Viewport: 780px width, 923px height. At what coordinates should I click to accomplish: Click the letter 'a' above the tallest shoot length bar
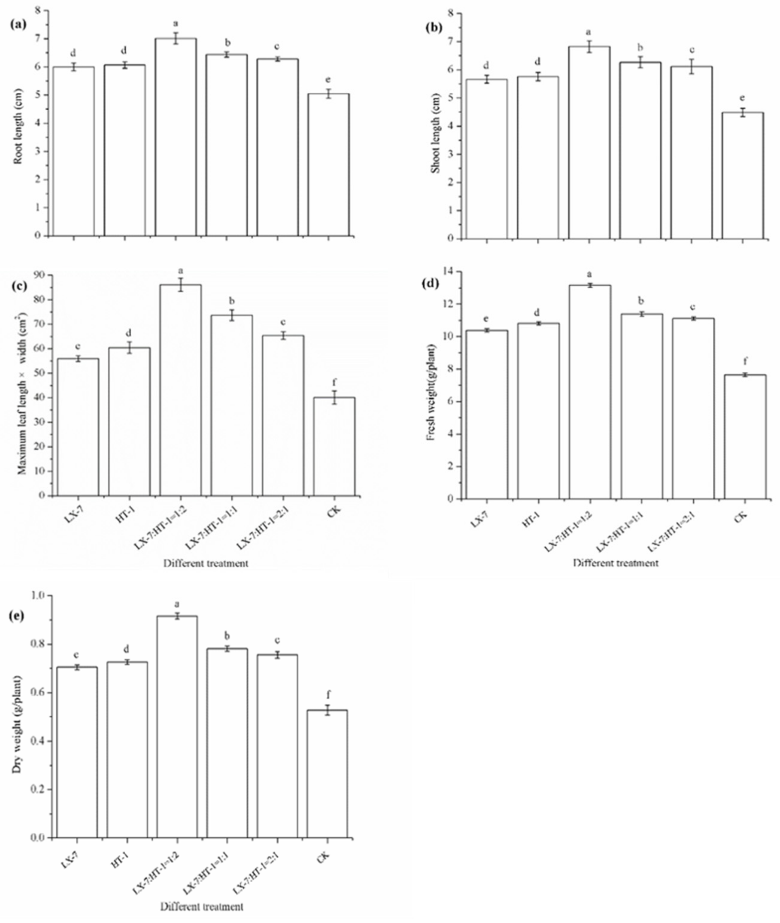point(588,32)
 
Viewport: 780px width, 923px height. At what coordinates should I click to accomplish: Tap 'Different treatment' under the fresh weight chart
point(616,563)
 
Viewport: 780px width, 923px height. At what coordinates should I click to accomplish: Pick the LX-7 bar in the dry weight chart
point(77,752)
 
